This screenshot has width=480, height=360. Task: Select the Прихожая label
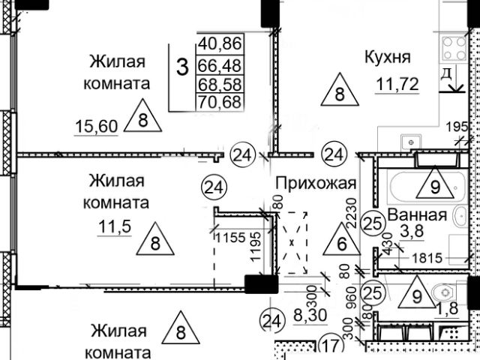pyautogui.click(x=314, y=183)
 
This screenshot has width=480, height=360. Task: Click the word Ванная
pyautogui.click(x=418, y=215)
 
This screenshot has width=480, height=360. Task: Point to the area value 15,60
pyautogui.click(x=97, y=126)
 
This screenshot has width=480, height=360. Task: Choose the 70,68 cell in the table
pyautogui.click(x=220, y=101)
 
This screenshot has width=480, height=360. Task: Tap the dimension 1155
pyautogui.click(x=229, y=238)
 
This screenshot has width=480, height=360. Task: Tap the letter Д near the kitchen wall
pyautogui.click(x=445, y=74)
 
